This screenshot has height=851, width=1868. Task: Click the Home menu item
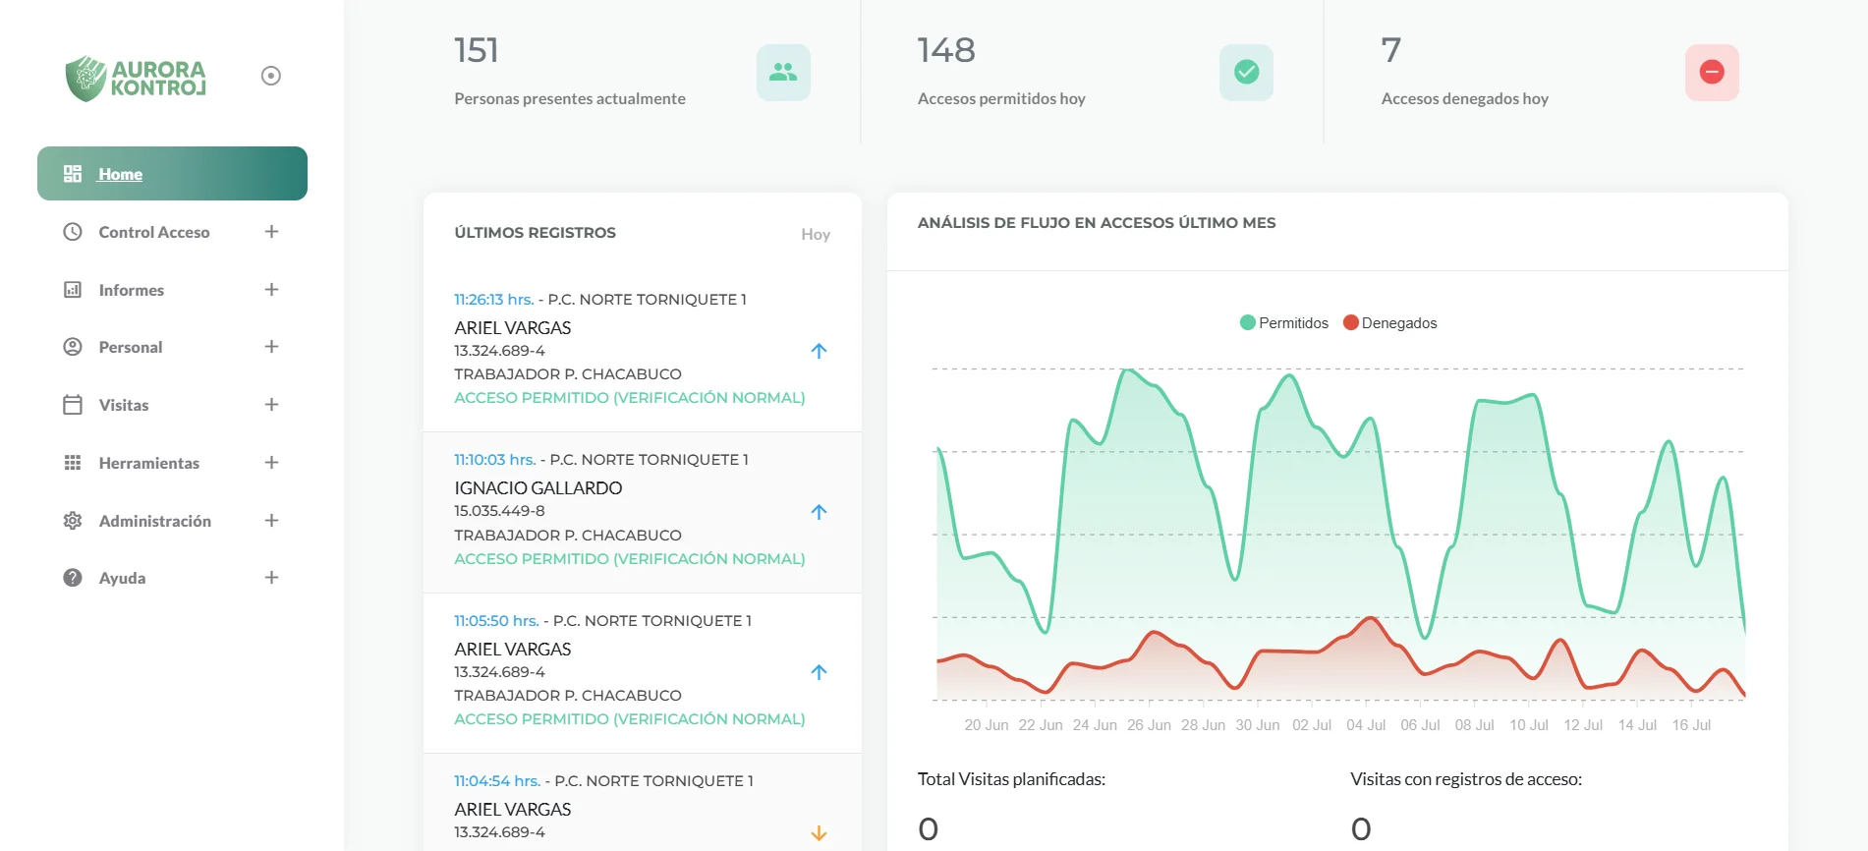pyautogui.click(x=120, y=174)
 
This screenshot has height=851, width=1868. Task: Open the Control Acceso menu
pyautogui.click(x=153, y=232)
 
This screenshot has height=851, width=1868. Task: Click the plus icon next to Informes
pyautogui.click(x=271, y=290)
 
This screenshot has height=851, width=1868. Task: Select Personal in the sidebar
pyautogui.click(x=130, y=347)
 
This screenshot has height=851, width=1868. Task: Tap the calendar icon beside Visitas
pyautogui.click(x=73, y=405)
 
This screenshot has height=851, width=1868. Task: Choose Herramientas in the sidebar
pyautogui.click(x=148, y=463)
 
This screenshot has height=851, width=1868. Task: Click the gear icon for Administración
pyautogui.click(x=73, y=521)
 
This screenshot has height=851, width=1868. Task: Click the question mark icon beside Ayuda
pyautogui.click(x=73, y=578)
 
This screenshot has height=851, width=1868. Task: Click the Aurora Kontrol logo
pyautogui.click(x=136, y=78)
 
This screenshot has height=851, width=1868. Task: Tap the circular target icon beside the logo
pyautogui.click(x=271, y=76)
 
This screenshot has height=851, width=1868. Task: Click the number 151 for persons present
pyautogui.click(x=477, y=50)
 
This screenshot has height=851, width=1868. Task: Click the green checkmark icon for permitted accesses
pyautogui.click(x=1246, y=72)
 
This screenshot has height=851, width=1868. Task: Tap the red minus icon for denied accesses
pyautogui.click(x=1712, y=72)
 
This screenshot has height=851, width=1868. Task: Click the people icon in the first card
pyautogui.click(x=783, y=72)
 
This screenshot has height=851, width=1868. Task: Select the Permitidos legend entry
pyautogui.click(x=1284, y=323)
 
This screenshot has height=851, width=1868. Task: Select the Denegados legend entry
pyautogui.click(x=1390, y=323)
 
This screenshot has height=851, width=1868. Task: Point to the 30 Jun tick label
pyautogui.click(x=1258, y=725)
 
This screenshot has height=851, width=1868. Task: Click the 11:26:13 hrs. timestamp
pyautogui.click(x=493, y=300)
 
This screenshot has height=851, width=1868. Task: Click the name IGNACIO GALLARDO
pyautogui.click(x=538, y=488)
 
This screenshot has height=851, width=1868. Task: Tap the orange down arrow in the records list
pyautogui.click(x=819, y=833)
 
